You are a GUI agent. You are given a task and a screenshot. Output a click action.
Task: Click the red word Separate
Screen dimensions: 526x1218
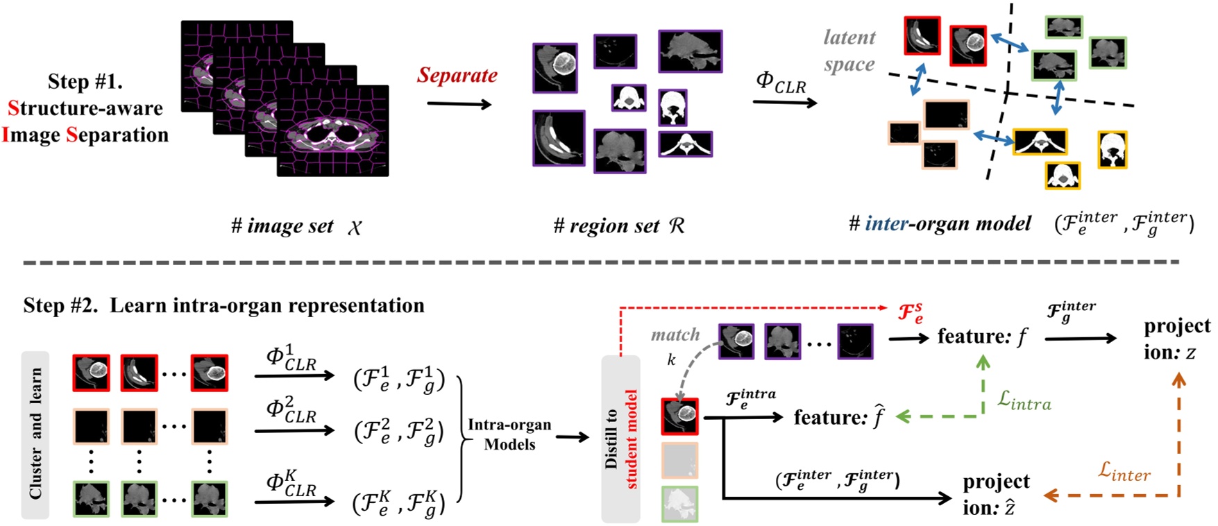click(457, 75)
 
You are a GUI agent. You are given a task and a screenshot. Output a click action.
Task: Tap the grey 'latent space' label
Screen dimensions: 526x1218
click(849, 51)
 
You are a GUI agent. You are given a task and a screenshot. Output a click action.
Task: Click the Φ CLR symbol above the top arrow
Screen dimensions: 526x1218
click(781, 83)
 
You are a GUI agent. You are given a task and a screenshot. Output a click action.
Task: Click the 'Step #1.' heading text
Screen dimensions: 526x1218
click(85, 81)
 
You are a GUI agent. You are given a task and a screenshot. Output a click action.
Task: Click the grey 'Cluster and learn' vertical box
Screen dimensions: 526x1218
click(35, 434)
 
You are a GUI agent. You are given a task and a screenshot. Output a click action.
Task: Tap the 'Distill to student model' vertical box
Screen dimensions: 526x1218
click(620, 439)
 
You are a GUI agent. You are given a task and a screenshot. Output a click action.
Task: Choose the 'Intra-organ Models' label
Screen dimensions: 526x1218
click(509, 434)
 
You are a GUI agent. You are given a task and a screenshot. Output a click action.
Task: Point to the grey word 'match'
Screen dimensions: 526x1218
click(675, 335)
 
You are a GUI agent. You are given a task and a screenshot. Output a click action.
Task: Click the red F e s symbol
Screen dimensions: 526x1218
click(911, 313)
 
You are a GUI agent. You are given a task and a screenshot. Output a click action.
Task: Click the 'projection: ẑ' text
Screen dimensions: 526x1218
click(996, 494)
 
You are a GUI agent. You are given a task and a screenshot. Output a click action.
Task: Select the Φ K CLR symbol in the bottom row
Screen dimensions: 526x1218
click(291, 482)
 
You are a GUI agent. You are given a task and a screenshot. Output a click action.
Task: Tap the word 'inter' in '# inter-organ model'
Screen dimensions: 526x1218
click(886, 223)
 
